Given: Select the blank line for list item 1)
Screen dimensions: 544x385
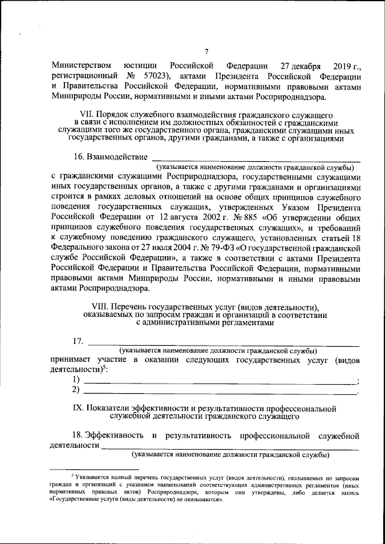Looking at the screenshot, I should tap(220, 381).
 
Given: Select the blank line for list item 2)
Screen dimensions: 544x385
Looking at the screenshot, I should tap(220, 391).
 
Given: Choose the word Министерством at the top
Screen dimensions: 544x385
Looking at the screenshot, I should tap(81, 66).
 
